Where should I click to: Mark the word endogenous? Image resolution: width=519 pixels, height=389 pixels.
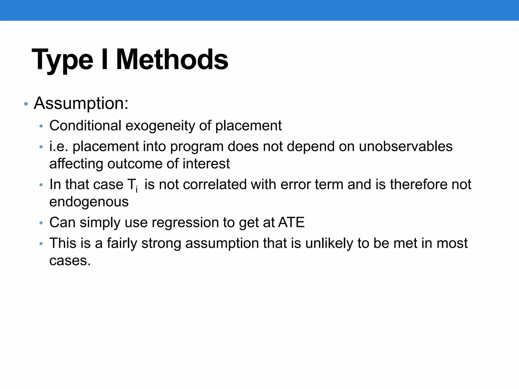point(89,202)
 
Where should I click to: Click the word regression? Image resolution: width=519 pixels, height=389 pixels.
point(185,223)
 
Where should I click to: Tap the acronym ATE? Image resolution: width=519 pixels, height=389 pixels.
point(291,222)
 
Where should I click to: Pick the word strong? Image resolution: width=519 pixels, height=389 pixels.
point(161,244)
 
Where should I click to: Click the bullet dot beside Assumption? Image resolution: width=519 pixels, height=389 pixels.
point(26,104)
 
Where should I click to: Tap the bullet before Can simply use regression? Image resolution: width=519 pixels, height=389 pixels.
point(41,223)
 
